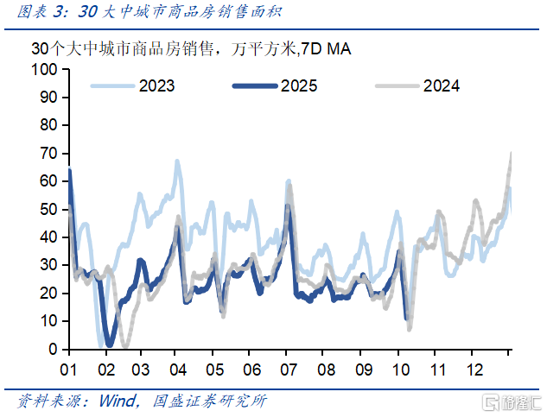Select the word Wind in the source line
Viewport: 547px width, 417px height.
coord(120,401)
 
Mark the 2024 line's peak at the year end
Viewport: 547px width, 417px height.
coord(511,154)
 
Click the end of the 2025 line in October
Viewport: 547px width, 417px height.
coord(407,319)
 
